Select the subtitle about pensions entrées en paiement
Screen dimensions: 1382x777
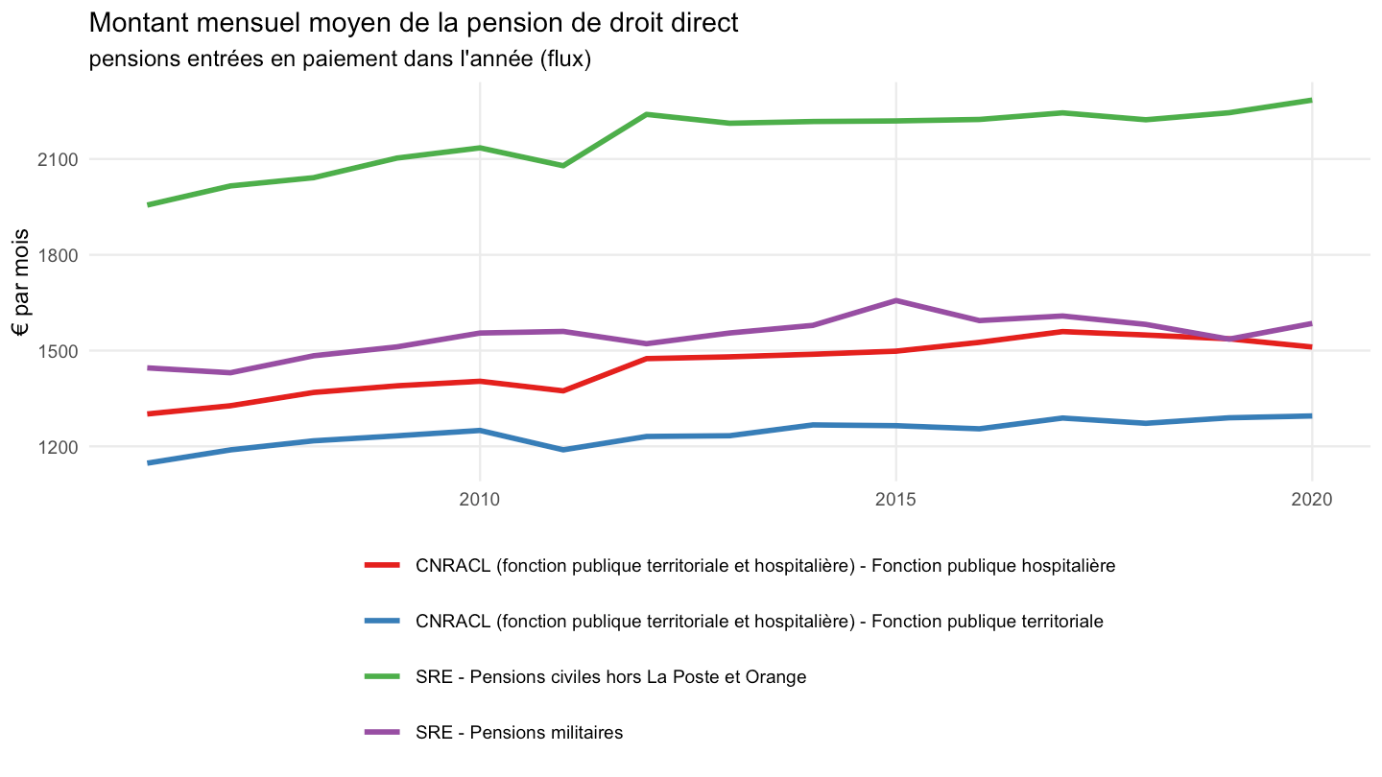[340, 59]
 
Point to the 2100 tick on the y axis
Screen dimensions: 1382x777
[58, 160]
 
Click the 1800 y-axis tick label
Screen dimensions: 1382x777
[58, 256]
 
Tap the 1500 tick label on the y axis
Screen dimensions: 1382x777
[58, 351]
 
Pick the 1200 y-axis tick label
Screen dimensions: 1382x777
[58, 447]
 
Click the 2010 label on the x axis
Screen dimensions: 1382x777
[480, 499]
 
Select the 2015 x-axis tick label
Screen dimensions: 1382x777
[895, 499]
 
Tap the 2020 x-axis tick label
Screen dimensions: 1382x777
[1312, 499]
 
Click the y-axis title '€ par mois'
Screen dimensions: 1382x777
[20, 282]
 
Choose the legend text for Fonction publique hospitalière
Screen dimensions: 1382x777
[765, 566]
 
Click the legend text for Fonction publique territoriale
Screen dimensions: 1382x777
[759, 621]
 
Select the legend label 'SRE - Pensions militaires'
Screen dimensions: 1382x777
[519, 733]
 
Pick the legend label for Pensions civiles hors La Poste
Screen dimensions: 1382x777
[610, 677]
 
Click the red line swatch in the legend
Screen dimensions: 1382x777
[383, 565]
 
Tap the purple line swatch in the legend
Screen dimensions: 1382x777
[383, 732]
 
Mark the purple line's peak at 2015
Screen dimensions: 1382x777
[895, 300]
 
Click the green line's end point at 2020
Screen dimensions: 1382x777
[1311, 100]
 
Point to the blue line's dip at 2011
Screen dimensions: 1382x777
[563, 450]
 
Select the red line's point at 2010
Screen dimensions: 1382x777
[480, 381]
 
